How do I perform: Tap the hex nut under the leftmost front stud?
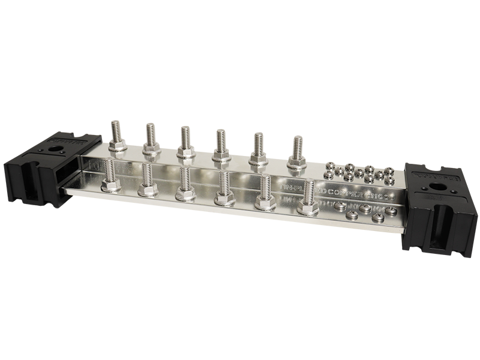click(x=110, y=185)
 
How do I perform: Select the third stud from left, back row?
click(x=185, y=138)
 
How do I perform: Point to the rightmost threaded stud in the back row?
click(x=296, y=148)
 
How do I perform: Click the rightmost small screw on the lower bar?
click(x=392, y=210)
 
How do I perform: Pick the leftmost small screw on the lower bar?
click(x=340, y=206)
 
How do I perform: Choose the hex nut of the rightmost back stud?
click(x=296, y=163)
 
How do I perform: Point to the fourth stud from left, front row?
click(x=225, y=184)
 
